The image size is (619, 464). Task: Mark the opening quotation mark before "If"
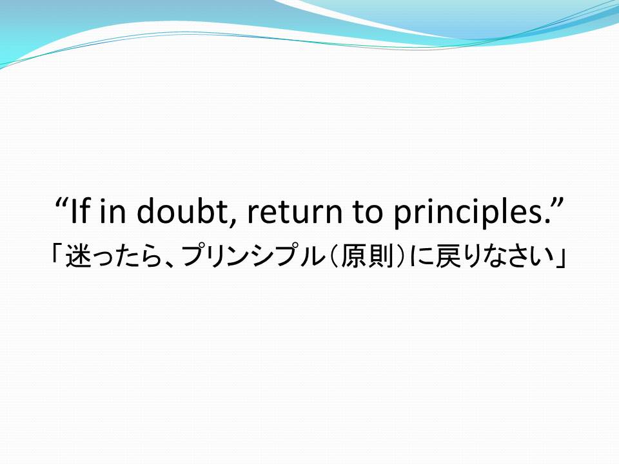(61, 202)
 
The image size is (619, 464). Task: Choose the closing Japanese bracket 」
(561, 258)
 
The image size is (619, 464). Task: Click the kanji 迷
(78, 256)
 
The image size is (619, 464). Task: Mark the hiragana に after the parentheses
(422, 256)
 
